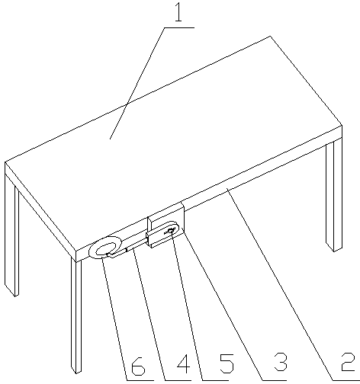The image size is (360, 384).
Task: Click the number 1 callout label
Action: point(178,12)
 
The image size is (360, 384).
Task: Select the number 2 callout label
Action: point(348,362)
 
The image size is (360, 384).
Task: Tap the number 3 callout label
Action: point(280,362)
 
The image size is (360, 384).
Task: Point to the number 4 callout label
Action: point(184,363)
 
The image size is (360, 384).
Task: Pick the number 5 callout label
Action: point(227,363)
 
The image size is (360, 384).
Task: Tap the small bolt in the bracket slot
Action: point(170,231)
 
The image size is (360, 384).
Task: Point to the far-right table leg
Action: point(334,196)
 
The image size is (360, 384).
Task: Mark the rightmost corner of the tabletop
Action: point(342,126)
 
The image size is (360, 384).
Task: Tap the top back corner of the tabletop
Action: point(270,37)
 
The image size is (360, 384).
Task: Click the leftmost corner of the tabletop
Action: point(5,162)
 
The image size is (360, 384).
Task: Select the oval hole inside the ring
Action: point(105,248)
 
